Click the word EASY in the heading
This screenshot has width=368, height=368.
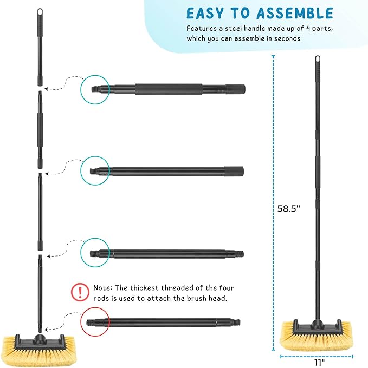pos(205,14)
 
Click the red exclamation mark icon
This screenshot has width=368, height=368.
pos(81,293)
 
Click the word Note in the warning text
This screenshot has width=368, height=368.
pos(103,288)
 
